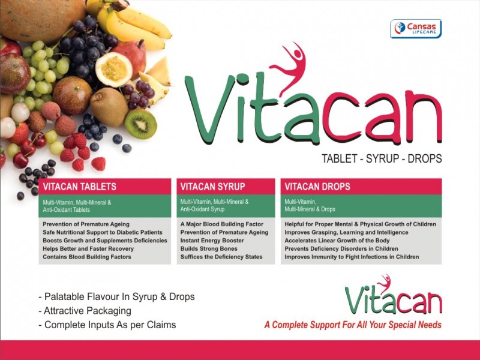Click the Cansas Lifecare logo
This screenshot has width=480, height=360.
[x=416, y=29]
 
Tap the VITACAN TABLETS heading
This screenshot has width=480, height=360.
[x=80, y=187]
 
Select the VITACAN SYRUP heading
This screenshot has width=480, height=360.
[x=213, y=187]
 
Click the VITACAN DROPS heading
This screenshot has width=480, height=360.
[x=317, y=187]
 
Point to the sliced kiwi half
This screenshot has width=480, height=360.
[x=141, y=124]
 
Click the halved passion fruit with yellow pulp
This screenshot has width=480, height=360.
[x=113, y=70]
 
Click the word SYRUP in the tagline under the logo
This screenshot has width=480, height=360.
[x=383, y=158]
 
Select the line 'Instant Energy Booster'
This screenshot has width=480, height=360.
[x=212, y=241]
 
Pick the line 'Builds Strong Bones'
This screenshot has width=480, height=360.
[x=209, y=248]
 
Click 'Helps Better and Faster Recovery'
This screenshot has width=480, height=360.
[x=88, y=248]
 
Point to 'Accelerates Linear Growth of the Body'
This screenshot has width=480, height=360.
[x=337, y=241]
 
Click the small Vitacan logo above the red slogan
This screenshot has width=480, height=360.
[x=394, y=295]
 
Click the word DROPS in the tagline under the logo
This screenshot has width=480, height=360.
[x=425, y=158]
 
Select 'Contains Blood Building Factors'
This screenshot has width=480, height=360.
[x=87, y=257]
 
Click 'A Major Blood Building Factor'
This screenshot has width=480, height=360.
[x=221, y=224]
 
